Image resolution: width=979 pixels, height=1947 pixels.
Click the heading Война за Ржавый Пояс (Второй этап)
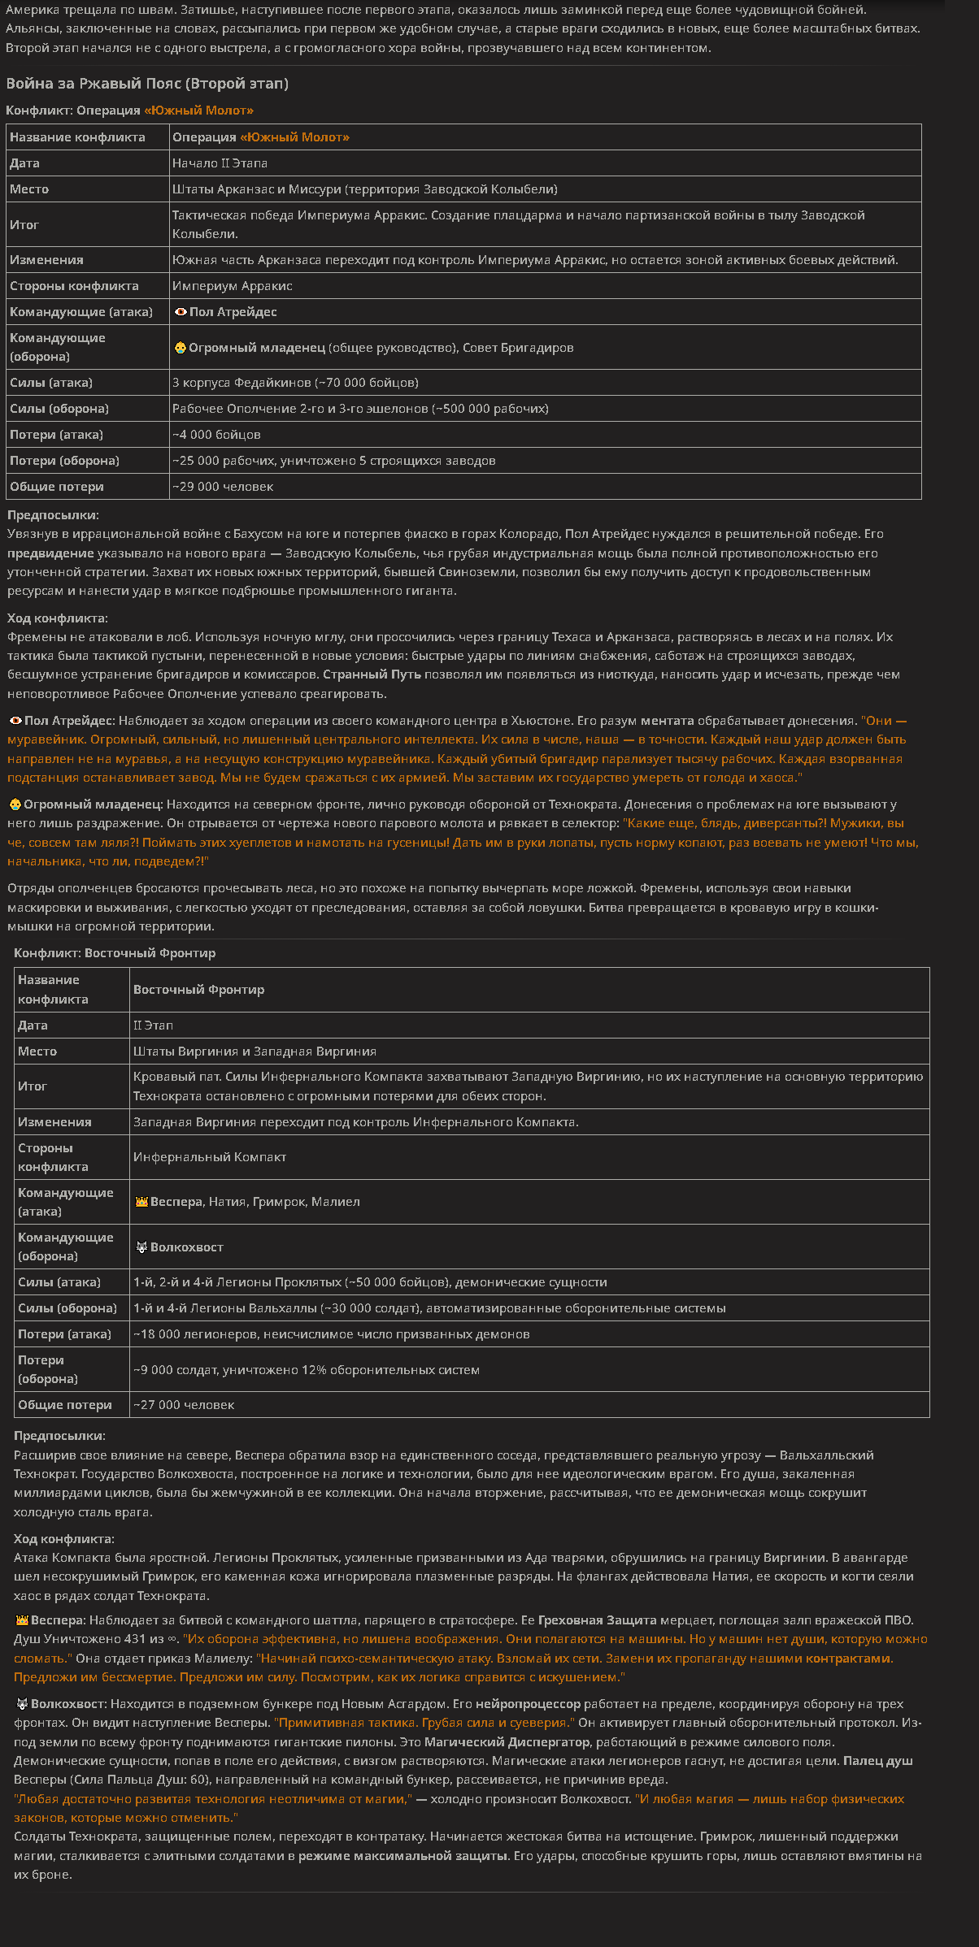coord(147,84)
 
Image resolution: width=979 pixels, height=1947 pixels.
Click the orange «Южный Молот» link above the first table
coord(198,111)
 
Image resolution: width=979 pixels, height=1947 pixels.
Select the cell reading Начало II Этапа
coord(220,163)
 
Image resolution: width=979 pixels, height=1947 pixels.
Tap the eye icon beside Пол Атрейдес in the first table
coord(181,312)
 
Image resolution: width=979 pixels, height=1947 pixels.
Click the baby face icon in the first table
coord(180,348)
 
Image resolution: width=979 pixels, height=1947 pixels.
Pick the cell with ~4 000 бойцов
coord(216,435)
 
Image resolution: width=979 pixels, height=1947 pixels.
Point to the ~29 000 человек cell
coord(223,487)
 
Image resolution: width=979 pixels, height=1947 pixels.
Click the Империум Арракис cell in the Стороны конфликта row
coord(232,286)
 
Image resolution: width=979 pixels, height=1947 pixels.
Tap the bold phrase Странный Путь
coord(372,674)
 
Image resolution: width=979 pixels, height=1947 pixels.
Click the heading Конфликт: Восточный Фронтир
coord(115,953)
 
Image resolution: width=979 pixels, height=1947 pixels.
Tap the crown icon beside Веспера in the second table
coord(141,1202)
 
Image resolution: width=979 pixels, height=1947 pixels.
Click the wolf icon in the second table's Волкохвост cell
coord(141,1247)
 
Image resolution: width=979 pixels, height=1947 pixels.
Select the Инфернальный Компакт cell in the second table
coord(210,1157)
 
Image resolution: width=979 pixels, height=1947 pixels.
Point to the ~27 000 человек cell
coord(184,1405)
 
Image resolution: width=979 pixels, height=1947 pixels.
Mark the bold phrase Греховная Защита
coord(597,1620)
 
